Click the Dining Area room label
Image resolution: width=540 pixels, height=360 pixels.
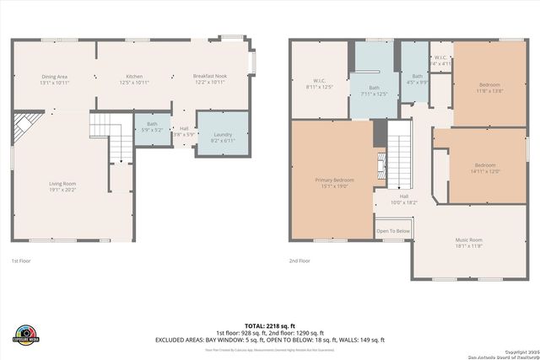[54, 79]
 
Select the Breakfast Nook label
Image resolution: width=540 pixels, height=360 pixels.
[210, 79]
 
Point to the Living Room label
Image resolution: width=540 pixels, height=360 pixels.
[63, 186]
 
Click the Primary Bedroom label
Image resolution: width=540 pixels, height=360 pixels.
[335, 183]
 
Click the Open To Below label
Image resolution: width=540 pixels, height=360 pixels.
[393, 231]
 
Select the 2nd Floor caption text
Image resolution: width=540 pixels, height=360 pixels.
[300, 261]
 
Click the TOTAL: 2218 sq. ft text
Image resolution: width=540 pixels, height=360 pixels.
[270, 325]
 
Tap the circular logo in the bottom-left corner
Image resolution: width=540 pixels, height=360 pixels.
[24, 334]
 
